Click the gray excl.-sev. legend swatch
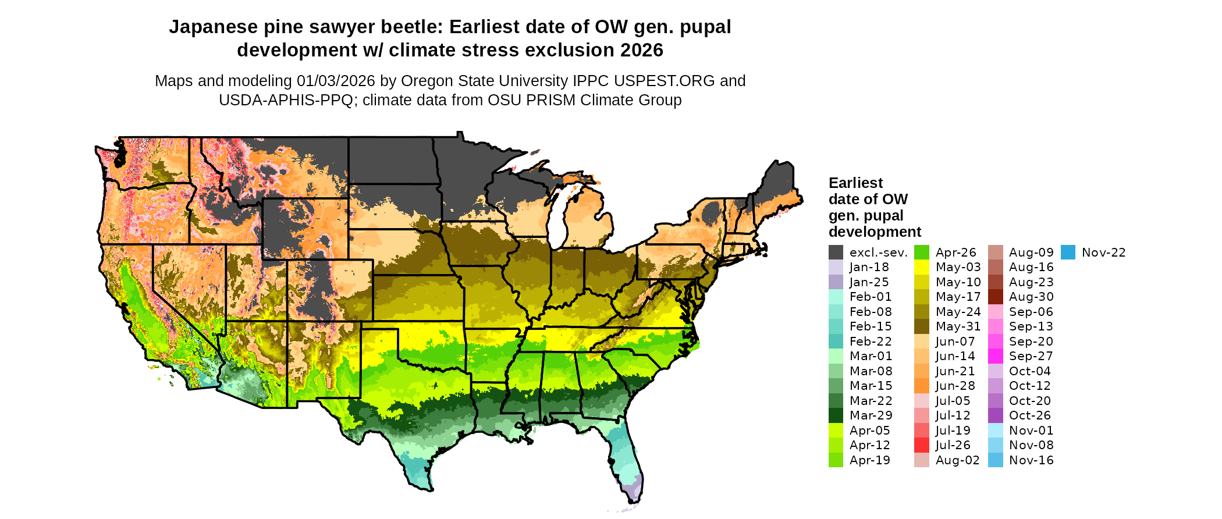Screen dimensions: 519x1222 [x=836, y=253]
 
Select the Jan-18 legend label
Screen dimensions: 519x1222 [x=869, y=267]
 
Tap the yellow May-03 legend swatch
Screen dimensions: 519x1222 [x=922, y=267]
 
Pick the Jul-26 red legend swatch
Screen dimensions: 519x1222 [x=922, y=445]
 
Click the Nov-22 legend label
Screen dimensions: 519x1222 [x=1103, y=253]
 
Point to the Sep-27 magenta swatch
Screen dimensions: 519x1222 [x=996, y=356]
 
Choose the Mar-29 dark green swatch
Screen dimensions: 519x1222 [x=836, y=415]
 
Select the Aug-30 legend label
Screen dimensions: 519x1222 [x=1031, y=297]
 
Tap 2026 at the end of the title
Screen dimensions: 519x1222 [x=641, y=51]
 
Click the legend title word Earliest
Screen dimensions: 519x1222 [x=855, y=183]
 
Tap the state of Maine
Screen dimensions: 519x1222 [x=777, y=186]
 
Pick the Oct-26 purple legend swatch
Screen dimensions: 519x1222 [x=996, y=415]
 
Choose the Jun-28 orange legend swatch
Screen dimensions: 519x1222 [x=922, y=386]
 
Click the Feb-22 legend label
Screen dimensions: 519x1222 [x=870, y=342]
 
